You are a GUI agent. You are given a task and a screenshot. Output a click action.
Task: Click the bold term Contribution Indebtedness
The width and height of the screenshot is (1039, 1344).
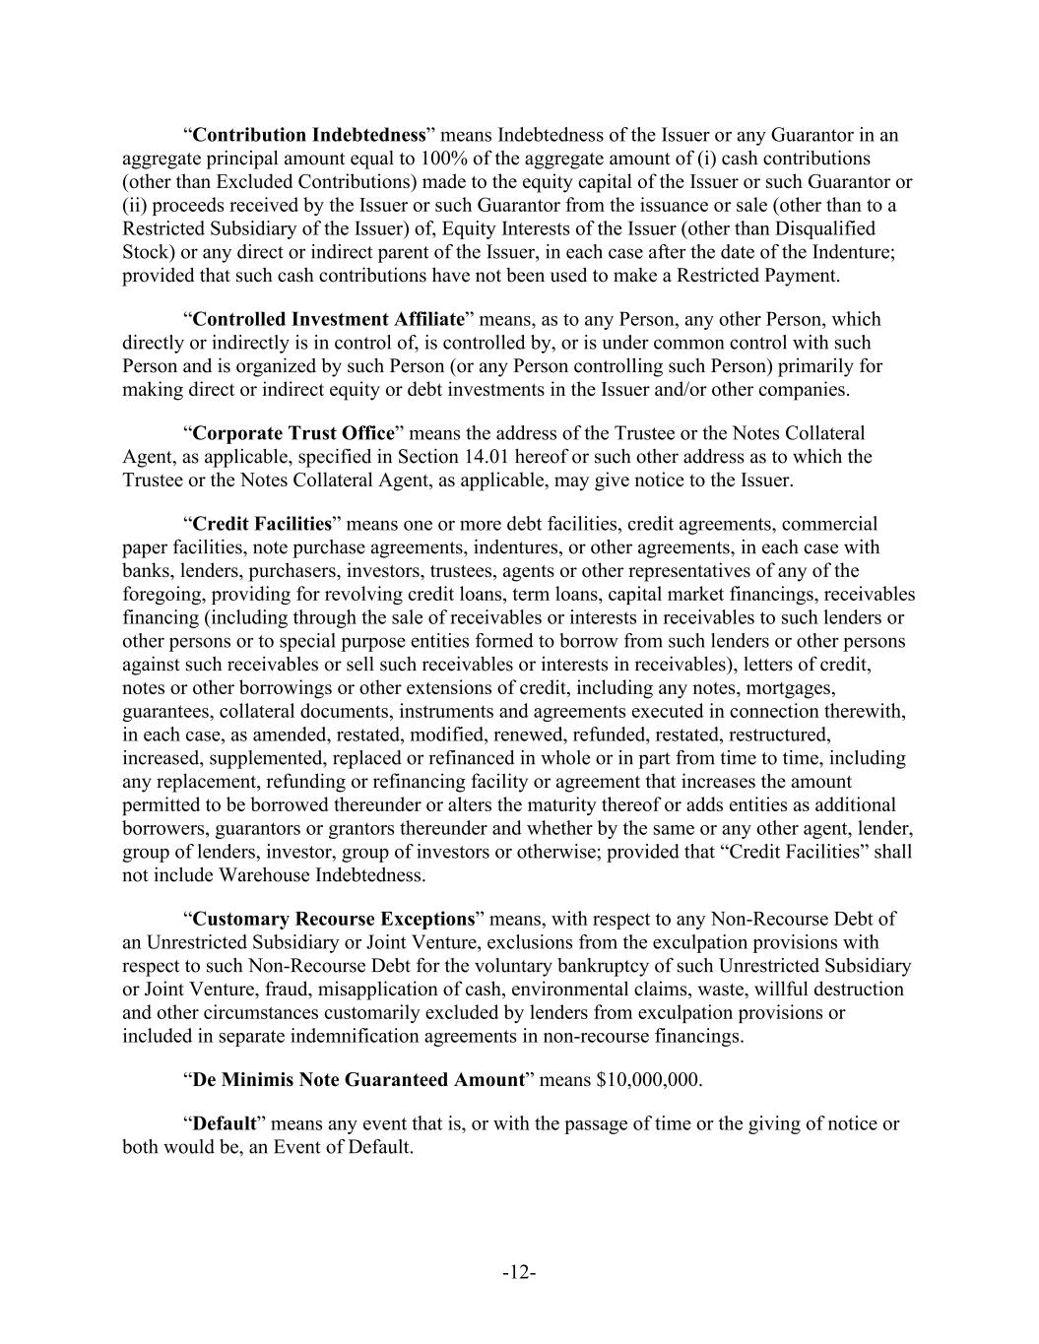pos(309,135)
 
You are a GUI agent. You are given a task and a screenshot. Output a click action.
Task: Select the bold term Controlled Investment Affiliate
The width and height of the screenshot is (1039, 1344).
pos(328,319)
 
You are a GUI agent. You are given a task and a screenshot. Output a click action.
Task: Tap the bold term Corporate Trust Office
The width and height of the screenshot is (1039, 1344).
pos(293,433)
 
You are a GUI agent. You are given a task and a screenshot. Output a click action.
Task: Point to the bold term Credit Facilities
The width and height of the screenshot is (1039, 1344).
pos(262,524)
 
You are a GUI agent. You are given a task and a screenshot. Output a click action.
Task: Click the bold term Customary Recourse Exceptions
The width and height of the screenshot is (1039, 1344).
pos(334,920)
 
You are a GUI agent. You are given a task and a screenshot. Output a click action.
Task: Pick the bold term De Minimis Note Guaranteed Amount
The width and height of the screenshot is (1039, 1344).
pos(357,1079)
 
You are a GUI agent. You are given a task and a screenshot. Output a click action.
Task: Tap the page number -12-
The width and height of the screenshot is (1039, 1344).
pos(519,1273)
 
